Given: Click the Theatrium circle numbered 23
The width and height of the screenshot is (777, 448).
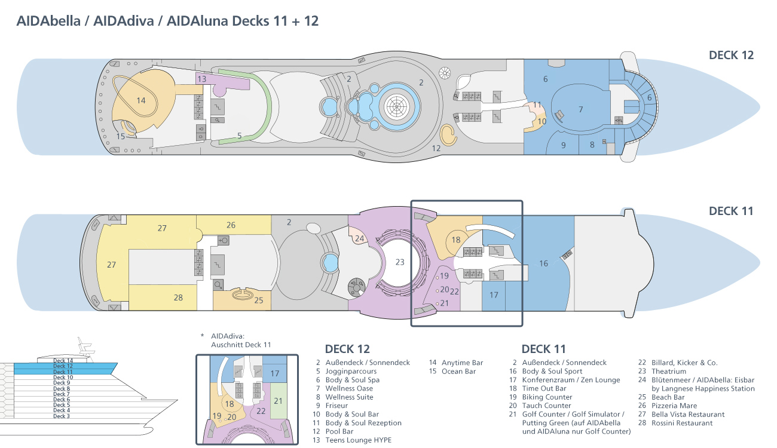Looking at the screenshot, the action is click(400, 262).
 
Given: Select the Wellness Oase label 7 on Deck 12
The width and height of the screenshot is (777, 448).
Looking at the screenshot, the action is click(581, 109).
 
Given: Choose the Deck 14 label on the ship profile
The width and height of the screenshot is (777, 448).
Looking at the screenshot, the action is click(63, 361).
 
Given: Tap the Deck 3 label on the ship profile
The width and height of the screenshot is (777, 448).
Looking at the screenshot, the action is click(62, 416).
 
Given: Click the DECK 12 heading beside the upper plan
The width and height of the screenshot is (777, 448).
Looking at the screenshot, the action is click(731, 55).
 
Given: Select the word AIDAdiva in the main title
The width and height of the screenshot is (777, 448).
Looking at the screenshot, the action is click(124, 21).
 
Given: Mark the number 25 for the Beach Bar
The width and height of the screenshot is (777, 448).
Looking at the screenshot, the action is click(258, 300).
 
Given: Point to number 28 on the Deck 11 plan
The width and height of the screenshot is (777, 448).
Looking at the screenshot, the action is click(178, 297).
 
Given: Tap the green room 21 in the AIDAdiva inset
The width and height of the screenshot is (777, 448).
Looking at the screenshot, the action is click(278, 401).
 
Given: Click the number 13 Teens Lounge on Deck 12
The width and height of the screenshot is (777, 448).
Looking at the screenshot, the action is click(202, 79).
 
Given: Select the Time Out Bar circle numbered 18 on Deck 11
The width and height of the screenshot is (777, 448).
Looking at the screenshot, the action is click(456, 240).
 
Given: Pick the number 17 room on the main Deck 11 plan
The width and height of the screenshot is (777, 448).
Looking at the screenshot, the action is click(494, 295).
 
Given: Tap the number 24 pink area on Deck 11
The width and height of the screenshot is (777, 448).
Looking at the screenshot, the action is click(359, 238).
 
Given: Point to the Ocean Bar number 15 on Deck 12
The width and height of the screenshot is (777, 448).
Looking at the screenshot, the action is click(120, 136).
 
